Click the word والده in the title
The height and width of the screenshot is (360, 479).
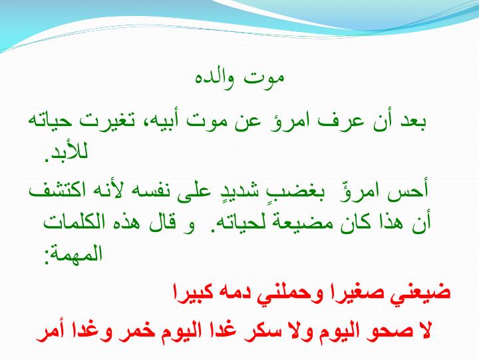[x=215, y=79]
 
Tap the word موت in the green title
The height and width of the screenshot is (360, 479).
[x=264, y=79]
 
